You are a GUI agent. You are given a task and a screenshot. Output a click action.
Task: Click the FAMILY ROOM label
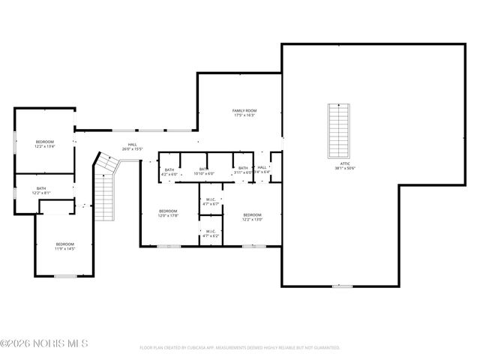pos(244,112)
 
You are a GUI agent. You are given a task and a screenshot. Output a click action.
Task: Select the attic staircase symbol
pos(339,130)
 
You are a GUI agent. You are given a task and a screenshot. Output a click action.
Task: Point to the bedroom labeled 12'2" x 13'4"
pos(45,144)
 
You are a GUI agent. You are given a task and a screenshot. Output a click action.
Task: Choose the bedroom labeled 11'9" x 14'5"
pos(65,246)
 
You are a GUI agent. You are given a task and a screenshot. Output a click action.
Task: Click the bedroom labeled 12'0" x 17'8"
pos(168,214)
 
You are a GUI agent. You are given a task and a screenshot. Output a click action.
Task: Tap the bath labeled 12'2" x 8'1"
pos(41,190)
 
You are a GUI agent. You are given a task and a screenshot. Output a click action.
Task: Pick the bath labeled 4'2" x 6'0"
pos(169,171)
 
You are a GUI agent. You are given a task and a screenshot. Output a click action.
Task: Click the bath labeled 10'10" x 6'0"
pos(204,171)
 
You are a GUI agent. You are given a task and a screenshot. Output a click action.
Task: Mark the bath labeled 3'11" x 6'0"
pos(243,170)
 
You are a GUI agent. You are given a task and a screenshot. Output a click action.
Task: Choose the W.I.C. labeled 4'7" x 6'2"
pos(211,234)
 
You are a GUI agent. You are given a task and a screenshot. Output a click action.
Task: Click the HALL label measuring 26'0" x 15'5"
pos(132,147)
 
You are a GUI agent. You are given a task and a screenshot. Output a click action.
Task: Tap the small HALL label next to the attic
pos(262,170)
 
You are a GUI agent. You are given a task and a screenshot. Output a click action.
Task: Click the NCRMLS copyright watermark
pos(44,343)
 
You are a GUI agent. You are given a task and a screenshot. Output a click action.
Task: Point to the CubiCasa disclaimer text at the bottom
pos(239,348)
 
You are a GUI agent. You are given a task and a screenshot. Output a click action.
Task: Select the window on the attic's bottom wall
pos(342,286)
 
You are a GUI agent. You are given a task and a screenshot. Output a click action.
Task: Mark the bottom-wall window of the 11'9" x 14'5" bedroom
pos(66,276)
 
